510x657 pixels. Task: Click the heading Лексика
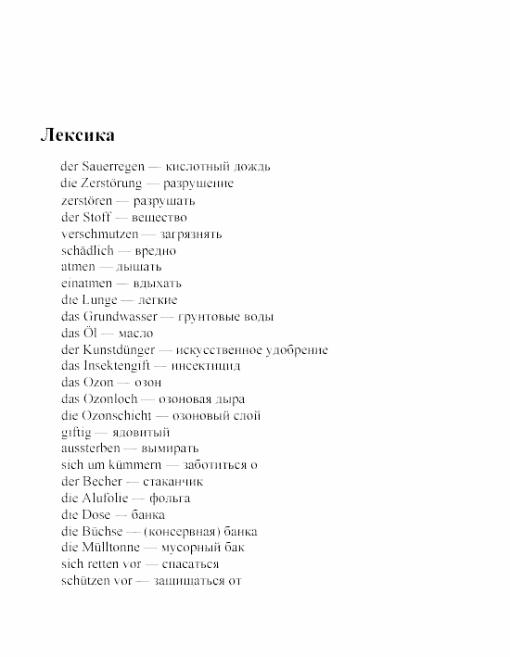pos(77,135)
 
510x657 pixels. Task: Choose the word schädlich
pos(87,250)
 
